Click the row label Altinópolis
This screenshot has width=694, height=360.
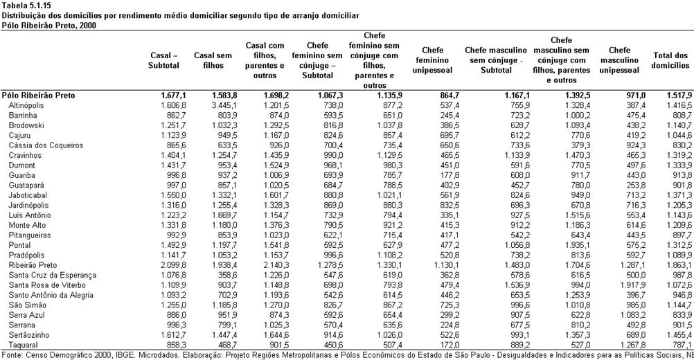[x=26, y=106]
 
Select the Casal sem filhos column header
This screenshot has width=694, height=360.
[x=213, y=60]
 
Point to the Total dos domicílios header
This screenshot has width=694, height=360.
[x=671, y=60]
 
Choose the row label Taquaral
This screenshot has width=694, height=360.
[x=23, y=345]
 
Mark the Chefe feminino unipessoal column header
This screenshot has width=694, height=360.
[x=432, y=60]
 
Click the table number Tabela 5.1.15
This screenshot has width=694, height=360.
[x=24, y=7]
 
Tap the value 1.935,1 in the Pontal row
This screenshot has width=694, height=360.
[x=578, y=246]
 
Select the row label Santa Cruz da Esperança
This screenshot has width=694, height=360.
[x=52, y=275]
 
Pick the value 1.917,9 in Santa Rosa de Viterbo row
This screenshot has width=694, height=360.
[x=633, y=285]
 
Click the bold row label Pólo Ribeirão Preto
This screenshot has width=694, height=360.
[x=39, y=96]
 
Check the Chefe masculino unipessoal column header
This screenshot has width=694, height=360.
[x=619, y=60]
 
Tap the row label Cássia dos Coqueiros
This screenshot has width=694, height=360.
[x=46, y=145]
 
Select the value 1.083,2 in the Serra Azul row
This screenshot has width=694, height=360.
[x=633, y=315]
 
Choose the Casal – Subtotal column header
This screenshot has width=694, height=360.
[x=163, y=60]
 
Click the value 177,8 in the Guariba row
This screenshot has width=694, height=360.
[x=450, y=176]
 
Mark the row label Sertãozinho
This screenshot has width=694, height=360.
[x=29, y=335]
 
